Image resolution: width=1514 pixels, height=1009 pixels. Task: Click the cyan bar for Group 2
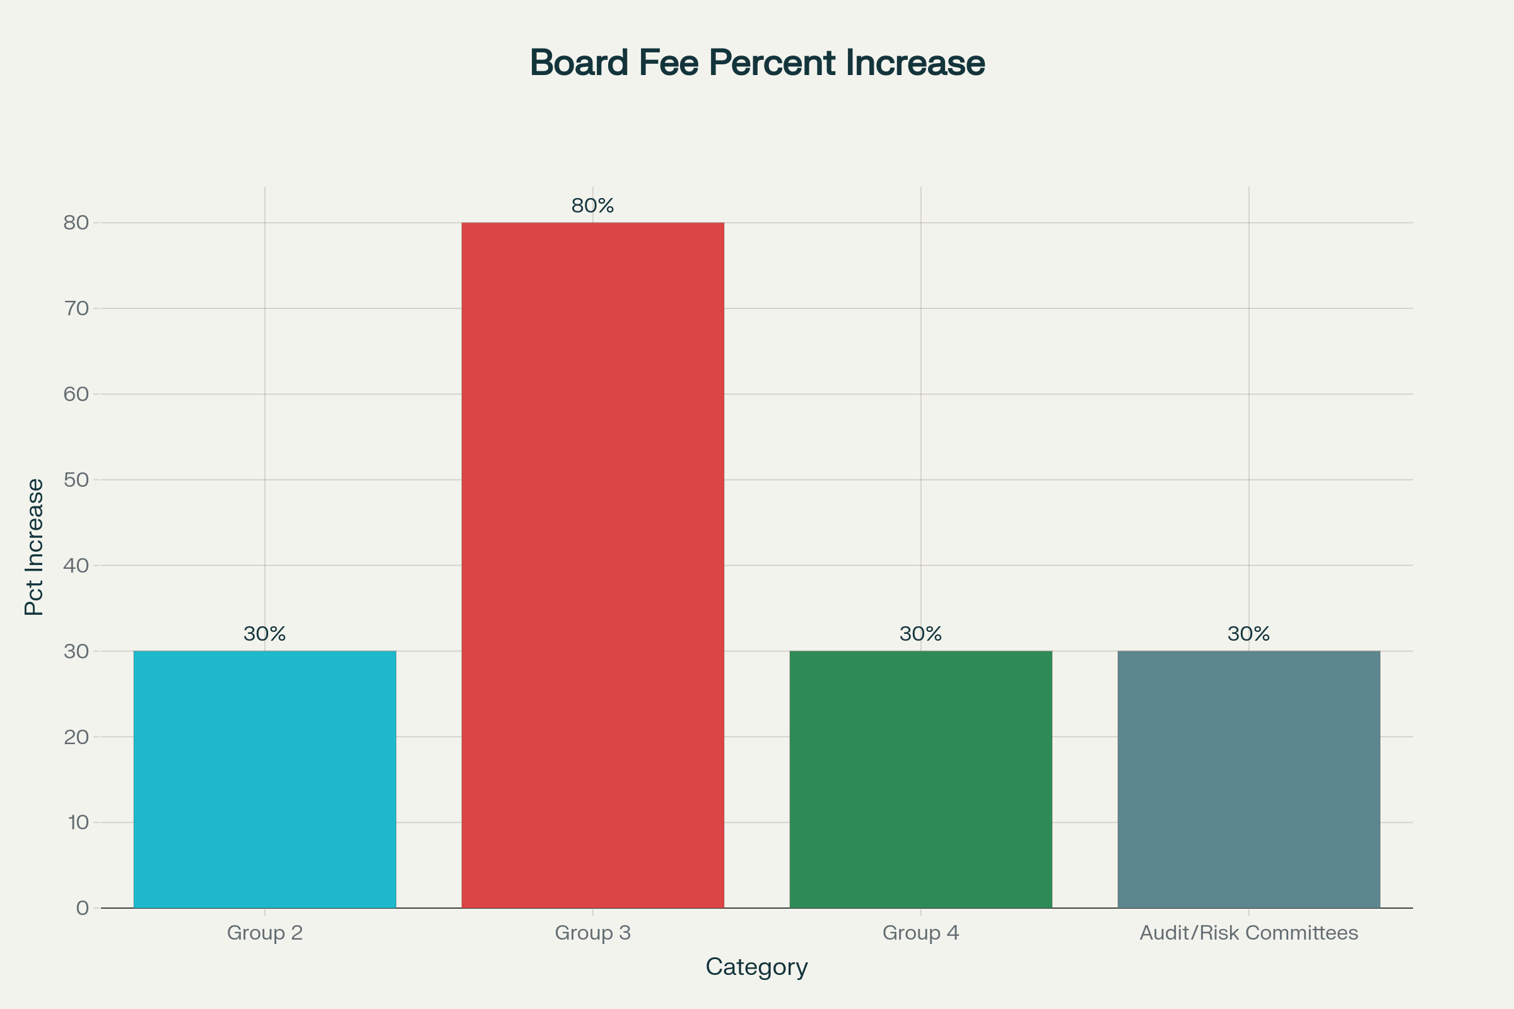point(264,779)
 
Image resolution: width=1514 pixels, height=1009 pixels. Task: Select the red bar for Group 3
point(592,565)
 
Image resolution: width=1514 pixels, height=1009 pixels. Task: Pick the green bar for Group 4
point(920,779)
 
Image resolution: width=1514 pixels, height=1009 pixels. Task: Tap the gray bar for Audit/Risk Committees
point(1248,779)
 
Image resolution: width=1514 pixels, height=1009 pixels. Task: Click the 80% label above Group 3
point(592,206)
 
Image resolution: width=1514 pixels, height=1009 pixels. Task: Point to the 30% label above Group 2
point(264,634)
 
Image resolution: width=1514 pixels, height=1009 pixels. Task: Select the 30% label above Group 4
point(920,634)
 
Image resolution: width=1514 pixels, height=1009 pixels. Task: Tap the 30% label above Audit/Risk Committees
point(1248,634)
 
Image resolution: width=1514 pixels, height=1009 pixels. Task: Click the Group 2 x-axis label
point(264,933)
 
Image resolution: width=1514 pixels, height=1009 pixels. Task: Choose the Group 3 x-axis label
point(592,933)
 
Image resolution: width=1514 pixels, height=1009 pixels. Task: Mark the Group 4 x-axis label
point(920,933)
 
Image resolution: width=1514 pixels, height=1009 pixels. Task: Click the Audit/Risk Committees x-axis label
point(1248,933)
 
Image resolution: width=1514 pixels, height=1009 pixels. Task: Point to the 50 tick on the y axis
point(76,479)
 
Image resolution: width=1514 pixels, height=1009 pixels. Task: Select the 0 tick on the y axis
point(83,908)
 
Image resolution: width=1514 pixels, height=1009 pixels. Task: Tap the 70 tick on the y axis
point(76,308)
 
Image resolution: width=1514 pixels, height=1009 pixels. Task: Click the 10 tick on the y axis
point(77,822)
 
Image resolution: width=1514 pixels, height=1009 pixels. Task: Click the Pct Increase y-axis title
point(34,547)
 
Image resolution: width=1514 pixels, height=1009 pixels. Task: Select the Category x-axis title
point(756,967)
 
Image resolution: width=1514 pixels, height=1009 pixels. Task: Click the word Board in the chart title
point(578,63)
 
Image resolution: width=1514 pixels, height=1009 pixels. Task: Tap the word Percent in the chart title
point(772,63)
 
